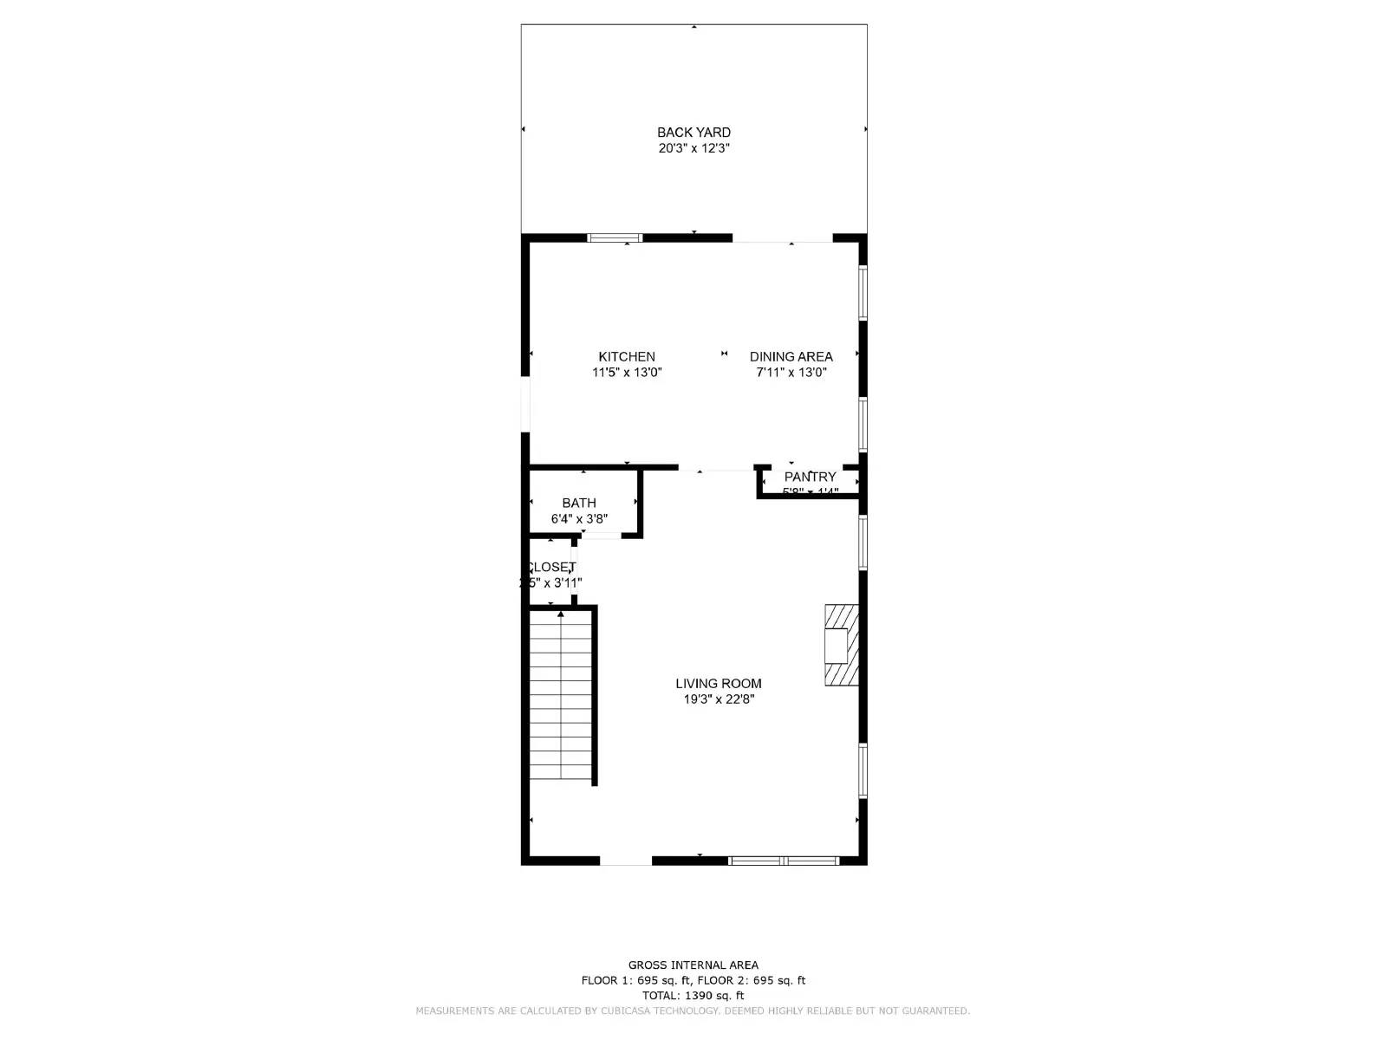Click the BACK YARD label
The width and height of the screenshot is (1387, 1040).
(x=693, y=133)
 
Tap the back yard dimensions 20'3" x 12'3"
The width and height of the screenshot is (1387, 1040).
(x=693, y=148)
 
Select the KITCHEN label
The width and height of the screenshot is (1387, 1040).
(x=627, y=357)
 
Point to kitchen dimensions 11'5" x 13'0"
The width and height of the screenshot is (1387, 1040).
(x=627, y=373)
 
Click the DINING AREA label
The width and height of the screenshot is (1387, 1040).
(x=791, y=357)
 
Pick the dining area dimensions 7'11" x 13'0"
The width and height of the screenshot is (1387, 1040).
(x=791, y=373)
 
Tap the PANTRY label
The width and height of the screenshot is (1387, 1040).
(x=810, y=477)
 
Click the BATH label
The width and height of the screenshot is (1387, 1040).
(x=579, y=503)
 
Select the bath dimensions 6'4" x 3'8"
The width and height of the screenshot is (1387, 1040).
(x=579, y=519)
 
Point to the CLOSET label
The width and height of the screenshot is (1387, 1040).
(x=551, y=567)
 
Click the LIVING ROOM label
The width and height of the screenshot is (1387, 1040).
(x=719, y=684)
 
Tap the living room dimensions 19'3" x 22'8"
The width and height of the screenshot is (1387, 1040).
(x=719, y=699)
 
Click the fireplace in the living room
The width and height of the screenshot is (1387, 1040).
(x=841, y=646)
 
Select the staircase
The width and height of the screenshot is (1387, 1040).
(x=561, y=698)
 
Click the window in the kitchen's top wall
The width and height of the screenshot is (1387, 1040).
(x=615, y=237)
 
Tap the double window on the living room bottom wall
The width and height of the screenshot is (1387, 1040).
(x=784, y=861)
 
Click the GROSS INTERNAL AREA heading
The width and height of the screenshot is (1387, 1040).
(x=693, y=965)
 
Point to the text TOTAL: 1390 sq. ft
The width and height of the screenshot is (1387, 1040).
(x=693, y=996)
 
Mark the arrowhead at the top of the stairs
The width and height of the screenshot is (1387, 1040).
(x=561, y=614)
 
